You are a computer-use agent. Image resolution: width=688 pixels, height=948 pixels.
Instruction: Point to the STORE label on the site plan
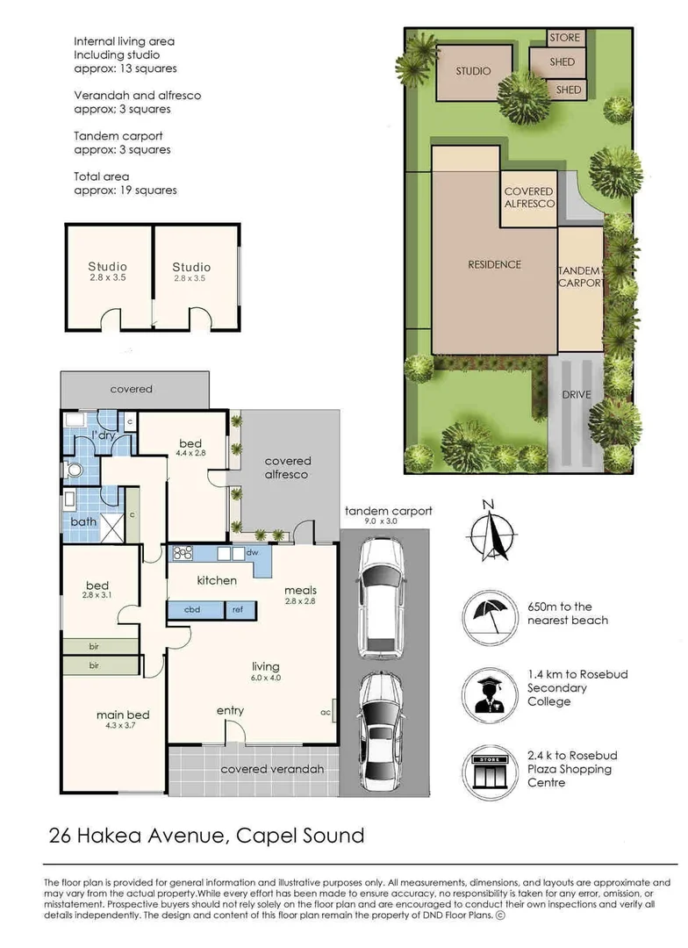(x=564, y=38)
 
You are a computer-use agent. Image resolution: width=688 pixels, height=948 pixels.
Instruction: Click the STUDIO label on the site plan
(x=473, y=71)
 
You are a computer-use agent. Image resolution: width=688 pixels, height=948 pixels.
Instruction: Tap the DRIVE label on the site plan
(x=577, y=395)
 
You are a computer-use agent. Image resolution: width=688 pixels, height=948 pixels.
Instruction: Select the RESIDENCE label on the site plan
(x=494, y=264)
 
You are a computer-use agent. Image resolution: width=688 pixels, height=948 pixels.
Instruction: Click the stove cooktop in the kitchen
(x=184, y=553)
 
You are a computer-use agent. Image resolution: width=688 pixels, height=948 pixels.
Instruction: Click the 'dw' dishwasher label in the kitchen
(x=252, y=553)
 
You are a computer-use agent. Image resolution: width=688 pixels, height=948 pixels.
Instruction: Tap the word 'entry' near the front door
(x=230, y=710)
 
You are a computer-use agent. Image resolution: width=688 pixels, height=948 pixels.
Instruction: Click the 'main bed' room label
(x=117, y=715)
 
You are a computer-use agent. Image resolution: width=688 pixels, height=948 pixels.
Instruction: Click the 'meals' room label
(x=300, y=590)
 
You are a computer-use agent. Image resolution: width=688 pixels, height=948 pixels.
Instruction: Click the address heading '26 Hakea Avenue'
(x=137, y=835)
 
